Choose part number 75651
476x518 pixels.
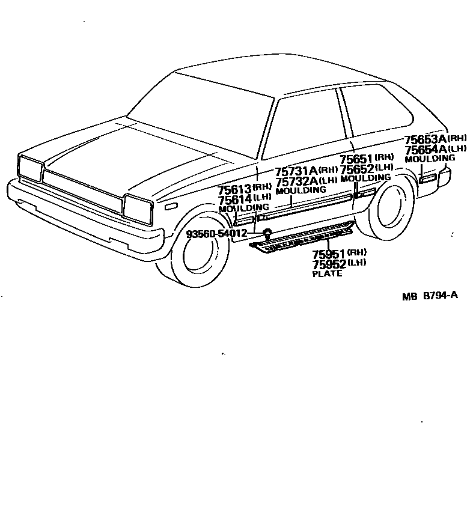coord(356,159)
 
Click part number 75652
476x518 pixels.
coord(356,169)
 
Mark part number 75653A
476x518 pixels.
coord(425,140)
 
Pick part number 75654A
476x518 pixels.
coord(425,150)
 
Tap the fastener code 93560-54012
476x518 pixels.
coord(216,233)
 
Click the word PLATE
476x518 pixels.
coord(327,274)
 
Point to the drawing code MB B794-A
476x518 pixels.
coord(430,296)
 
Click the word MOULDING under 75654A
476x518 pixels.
coord(430,159)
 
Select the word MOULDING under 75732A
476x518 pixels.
coord(301,190)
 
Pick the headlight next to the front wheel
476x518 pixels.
coord(138,207)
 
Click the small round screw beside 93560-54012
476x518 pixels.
coord(267,233)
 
